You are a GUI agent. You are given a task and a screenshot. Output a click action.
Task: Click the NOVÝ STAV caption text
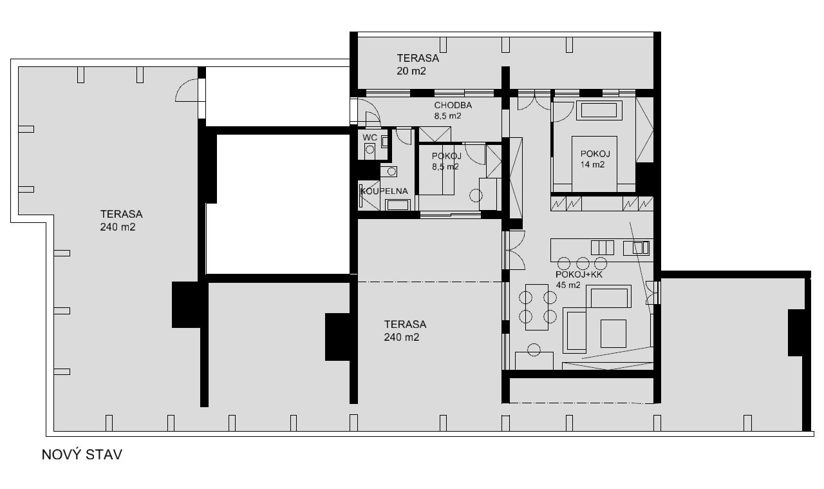point(82,455)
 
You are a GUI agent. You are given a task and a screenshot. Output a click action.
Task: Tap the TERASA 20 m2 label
point(418,64)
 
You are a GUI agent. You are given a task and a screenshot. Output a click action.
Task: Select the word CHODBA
point(453,105)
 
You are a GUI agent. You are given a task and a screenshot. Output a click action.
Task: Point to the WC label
point(370,138)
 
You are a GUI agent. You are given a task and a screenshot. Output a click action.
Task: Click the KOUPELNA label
point(384,191)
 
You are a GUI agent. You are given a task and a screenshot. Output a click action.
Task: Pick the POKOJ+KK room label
point(579,274)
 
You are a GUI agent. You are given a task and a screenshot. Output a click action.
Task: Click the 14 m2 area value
point(592,164)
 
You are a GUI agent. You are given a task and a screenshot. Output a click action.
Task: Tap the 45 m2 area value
point(568,285)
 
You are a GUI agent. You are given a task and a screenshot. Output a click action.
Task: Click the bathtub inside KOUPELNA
point(398,205)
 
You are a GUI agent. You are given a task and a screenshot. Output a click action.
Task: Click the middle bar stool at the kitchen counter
point(583,264)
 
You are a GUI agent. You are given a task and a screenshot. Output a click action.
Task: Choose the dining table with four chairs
point(537,307)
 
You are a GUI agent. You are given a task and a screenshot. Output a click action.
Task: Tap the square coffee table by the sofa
point(613,334)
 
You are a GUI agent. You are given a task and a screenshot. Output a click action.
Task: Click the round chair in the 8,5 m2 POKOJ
point(476,195)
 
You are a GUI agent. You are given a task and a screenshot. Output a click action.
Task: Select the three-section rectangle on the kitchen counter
point(602,248)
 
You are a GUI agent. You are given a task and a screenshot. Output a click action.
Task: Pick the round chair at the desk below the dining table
point(534,350)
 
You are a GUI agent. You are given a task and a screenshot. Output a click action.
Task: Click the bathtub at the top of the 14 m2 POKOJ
point(599,110)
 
